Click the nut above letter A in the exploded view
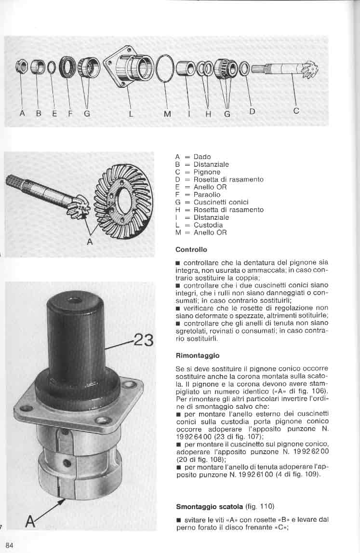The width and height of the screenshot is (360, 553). tap(22, 67)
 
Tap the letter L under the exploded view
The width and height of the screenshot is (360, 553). tap(131, 114)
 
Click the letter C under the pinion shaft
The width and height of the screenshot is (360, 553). tap(296, 111)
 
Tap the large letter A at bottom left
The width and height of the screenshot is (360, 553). tap(31, 521)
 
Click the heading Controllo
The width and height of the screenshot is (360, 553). tap(191, 250)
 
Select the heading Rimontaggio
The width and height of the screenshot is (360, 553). tap(198, 355)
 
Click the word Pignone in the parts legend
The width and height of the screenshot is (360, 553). tap(207, 172)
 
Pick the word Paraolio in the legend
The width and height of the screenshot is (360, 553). tap(207, 195)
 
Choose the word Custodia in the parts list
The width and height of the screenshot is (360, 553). tap(208, 225)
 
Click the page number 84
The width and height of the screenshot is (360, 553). tap(10, 545)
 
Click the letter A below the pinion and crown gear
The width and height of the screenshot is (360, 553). tap(90, 242)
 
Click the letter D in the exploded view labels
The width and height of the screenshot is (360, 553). tap(252, 111)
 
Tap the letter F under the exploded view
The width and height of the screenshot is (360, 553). tap(69, 114)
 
